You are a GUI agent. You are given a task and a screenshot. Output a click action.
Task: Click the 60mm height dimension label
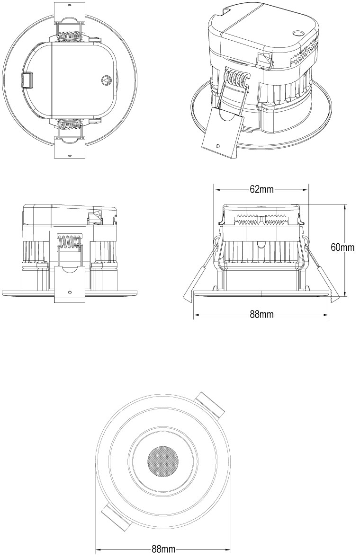click(x=342, y=248)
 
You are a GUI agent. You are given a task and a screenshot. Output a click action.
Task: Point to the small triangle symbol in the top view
click(x=106, y=80)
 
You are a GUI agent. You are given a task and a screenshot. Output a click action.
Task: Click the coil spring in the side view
click(x=70, y=242)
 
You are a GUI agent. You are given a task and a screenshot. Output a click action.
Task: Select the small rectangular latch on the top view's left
click(x=28, y=80)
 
